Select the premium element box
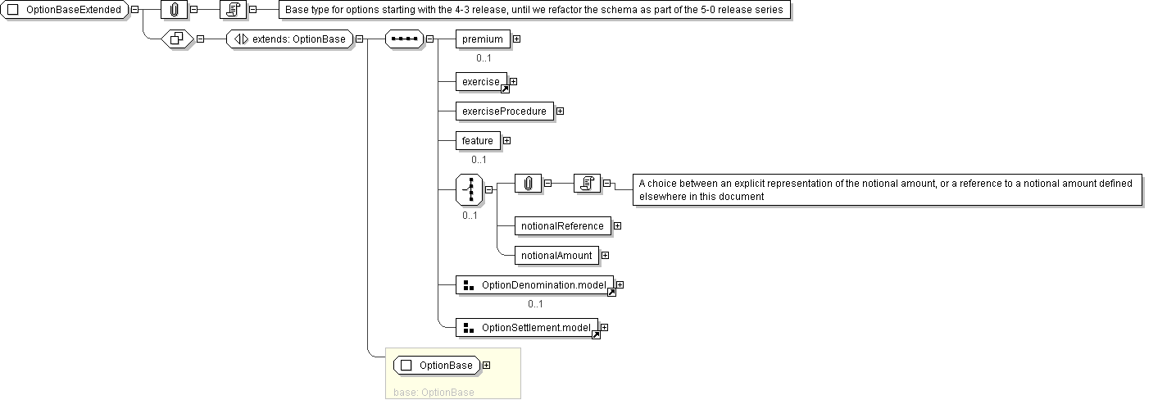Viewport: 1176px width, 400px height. tap(483, 39)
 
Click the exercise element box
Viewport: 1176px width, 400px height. tap(481, 81)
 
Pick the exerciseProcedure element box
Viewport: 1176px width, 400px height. tap(504, 111)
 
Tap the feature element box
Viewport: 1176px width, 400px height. tap(478, 140)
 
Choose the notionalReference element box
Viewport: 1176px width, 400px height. tap(562, 225)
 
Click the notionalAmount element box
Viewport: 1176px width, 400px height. tap(556, 255)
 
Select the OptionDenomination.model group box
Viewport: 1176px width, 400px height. tap(534, 284)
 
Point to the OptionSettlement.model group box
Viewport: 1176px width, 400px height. tap(527, 328)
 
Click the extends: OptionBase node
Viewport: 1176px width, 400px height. tap(289, 39)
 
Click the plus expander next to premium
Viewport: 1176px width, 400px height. tap(516, 39)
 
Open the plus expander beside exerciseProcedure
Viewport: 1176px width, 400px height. tap(560, 111)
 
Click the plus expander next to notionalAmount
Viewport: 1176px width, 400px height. tap(605, 255)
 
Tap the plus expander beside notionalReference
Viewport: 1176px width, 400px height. tap(617, 225)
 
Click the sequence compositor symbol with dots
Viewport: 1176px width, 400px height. tap(404, 39)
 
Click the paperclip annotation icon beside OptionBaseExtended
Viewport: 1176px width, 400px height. tap(174, 11)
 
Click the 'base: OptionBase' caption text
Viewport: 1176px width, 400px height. tap(434, 392)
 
